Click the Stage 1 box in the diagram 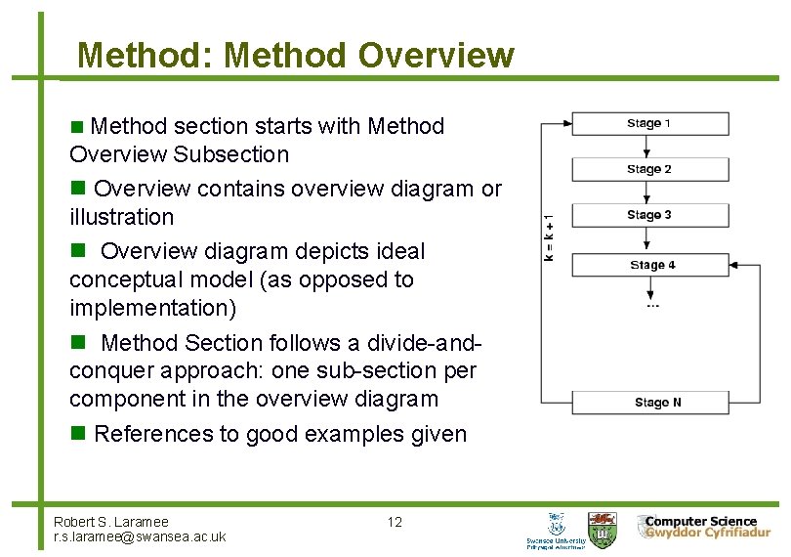click(x=649, y=123)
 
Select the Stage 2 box click(x=649, y=169)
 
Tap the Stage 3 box click(x=649, y=215)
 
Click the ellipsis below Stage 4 click(x=652, y=306)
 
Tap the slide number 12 click(x=395, y=522)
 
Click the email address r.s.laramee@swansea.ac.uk click(x=140, y=536)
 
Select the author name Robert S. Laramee click(x=110, y=522)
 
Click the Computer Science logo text click(x=700, y=522)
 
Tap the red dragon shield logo click(x=602, y=529)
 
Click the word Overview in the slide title click(x=436, y=55)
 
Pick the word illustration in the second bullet click(x=121, y=217)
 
